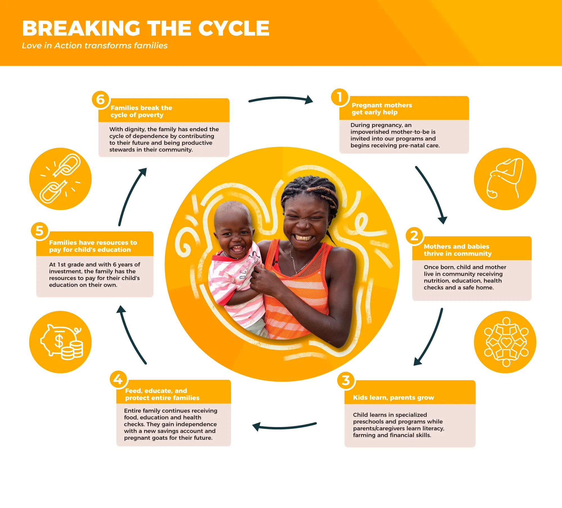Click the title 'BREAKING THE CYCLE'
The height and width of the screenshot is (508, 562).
[146, 28]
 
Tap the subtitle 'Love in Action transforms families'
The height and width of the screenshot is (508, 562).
[95, 45]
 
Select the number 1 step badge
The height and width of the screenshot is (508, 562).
[340, 97]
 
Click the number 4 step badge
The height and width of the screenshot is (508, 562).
[118, 379]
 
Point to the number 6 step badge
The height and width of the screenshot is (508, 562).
[101, 100]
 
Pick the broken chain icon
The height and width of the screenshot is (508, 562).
[60, 179]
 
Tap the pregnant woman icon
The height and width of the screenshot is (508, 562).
[505, 179]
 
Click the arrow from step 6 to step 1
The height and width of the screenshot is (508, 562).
[281, 98]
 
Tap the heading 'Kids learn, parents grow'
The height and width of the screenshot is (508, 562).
[393, 397]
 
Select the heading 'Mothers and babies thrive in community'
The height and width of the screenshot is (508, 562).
[458, 250]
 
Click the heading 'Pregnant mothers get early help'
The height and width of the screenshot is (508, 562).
[382, 109]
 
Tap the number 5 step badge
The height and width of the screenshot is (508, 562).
[40, 231]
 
